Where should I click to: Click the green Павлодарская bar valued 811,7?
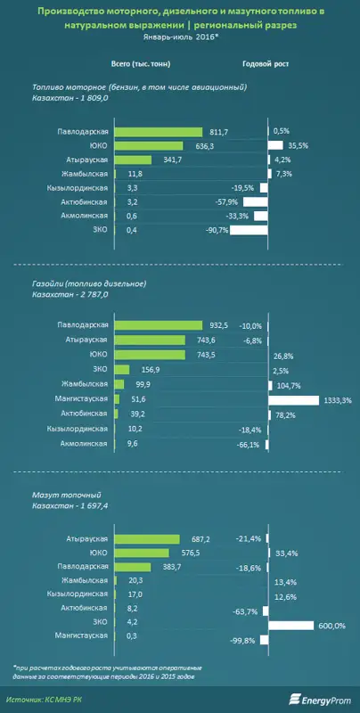point(159,131)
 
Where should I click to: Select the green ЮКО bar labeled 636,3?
point(149,145)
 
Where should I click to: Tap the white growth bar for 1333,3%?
point(294,400)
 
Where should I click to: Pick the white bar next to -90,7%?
point(249,230)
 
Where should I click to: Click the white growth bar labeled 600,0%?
point(290,626)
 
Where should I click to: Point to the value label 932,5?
point(220,326)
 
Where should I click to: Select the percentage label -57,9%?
point(230,202)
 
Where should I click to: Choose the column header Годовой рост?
point(266,64)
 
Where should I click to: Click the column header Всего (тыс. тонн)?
point(141,64)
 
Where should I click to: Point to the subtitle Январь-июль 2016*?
point(180,37)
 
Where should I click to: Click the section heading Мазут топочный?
point(67,495)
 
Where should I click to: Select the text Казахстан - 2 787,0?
point(70,295)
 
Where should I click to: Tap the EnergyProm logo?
point(322,698)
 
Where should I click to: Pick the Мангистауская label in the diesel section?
point(83,398)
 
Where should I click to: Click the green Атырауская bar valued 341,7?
point(133,160)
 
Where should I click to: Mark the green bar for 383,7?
point(132,568)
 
